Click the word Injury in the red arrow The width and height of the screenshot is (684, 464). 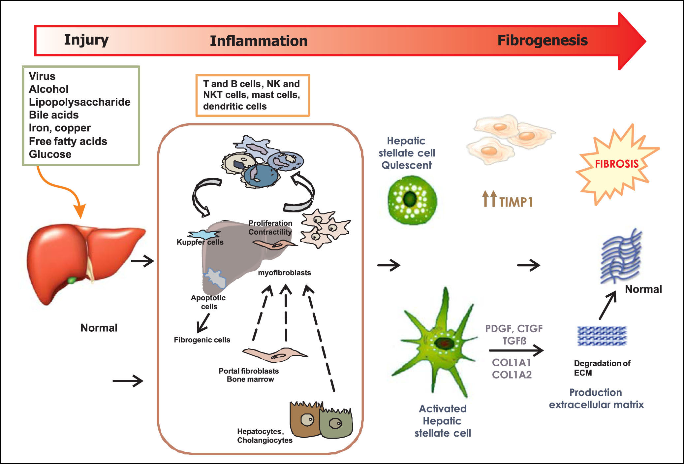[86, 40]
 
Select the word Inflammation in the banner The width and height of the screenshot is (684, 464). [259, 41]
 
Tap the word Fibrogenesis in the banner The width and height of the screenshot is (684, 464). [542, 40]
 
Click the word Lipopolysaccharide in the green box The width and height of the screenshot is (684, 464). [79, 102]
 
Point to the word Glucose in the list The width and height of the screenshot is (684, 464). [50, 154]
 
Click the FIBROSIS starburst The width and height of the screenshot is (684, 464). [616, 164]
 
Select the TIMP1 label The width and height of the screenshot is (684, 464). [515, 202]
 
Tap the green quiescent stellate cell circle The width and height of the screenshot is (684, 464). [412, 200]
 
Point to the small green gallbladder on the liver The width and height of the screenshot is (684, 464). [72, 281]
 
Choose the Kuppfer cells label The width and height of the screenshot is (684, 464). [200, 242]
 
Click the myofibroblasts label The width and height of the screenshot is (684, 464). [284, 273]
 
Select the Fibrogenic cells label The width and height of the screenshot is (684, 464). [202, 340]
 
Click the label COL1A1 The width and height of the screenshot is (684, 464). [512, 362]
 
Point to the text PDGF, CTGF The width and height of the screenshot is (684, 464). [513, 329]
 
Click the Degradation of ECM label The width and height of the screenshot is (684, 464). [602, 368]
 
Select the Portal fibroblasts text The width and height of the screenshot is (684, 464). [249, 371]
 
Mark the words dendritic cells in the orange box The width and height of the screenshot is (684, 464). [235, 106]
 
